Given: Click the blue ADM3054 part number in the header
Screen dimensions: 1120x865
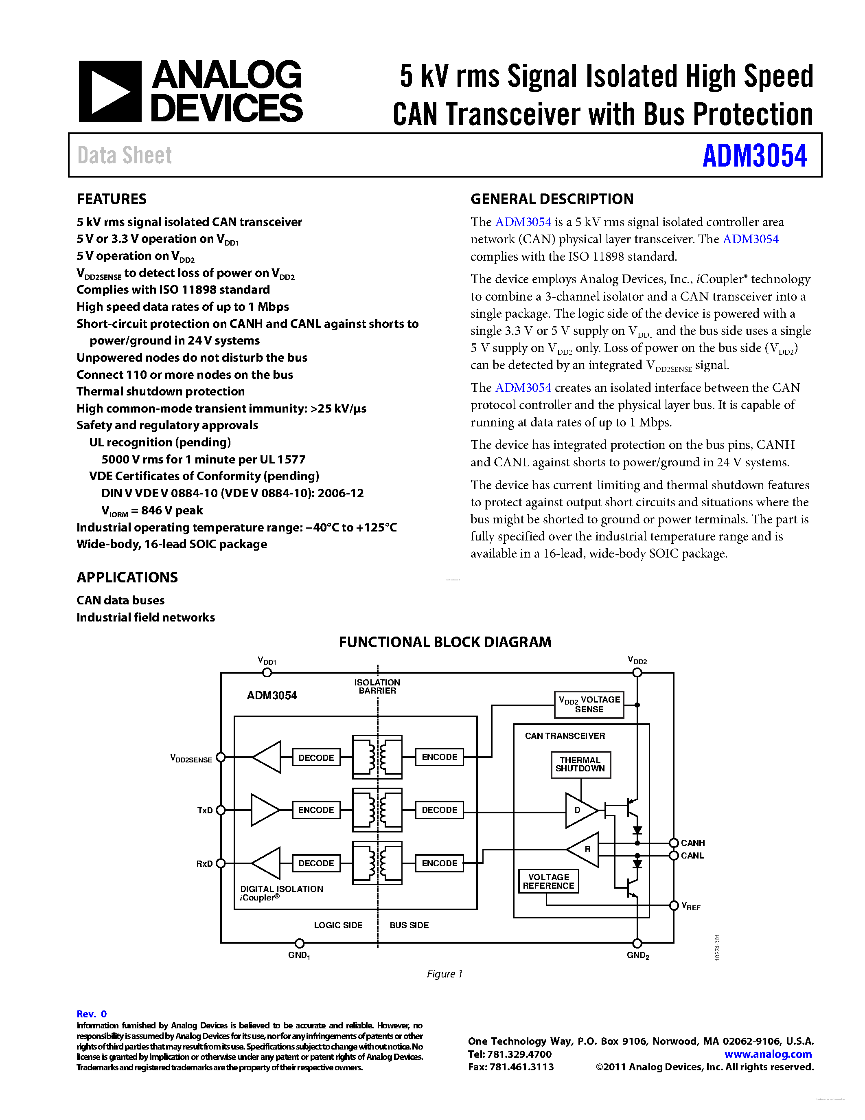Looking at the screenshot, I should coord(754,156).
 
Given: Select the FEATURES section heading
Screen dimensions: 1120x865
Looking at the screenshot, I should coord(111,199).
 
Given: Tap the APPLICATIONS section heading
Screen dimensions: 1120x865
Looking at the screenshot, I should coord(127,578).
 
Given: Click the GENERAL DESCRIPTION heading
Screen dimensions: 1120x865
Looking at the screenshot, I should coord(552,199).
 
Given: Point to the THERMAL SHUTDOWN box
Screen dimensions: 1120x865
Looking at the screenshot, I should coord(580,764).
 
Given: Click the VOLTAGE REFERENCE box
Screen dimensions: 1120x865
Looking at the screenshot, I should coord(548,881).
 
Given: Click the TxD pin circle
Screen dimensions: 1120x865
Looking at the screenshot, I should coord(221,810).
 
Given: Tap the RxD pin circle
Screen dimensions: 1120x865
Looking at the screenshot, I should coord(221,863).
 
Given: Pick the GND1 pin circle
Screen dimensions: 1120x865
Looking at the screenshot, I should coord(300,943).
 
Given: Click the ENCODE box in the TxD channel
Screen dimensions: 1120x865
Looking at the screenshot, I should coord(316,810).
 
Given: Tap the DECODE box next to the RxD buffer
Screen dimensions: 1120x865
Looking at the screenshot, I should coord(316,863).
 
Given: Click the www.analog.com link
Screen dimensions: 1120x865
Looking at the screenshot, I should coord(768,1054).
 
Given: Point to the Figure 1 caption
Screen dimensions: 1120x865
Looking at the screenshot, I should coord(444,974).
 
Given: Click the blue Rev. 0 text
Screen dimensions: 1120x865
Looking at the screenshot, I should coord(92,1014).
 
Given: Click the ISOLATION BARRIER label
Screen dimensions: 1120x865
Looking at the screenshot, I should coord(377,687).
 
